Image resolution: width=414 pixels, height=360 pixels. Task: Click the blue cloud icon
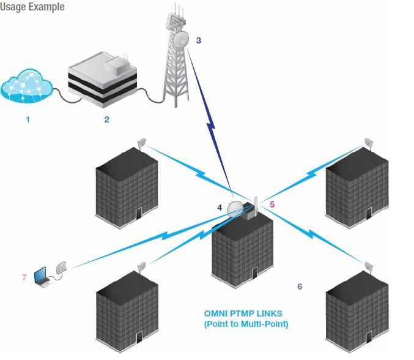28,86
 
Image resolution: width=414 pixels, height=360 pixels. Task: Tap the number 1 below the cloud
28,120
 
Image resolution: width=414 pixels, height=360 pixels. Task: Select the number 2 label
106,120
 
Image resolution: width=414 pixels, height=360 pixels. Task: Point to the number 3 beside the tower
199,40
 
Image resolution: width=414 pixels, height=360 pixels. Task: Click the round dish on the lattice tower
181,41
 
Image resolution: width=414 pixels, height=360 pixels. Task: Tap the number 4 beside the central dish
220,208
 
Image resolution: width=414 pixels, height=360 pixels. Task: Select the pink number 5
273,204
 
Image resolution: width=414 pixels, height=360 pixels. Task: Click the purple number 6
300,286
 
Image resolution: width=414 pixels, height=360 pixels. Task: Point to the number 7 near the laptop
24,277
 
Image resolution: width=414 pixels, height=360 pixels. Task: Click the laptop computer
44,276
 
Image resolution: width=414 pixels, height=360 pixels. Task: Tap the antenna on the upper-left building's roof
142,143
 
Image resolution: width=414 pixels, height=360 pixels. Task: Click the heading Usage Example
31,7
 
